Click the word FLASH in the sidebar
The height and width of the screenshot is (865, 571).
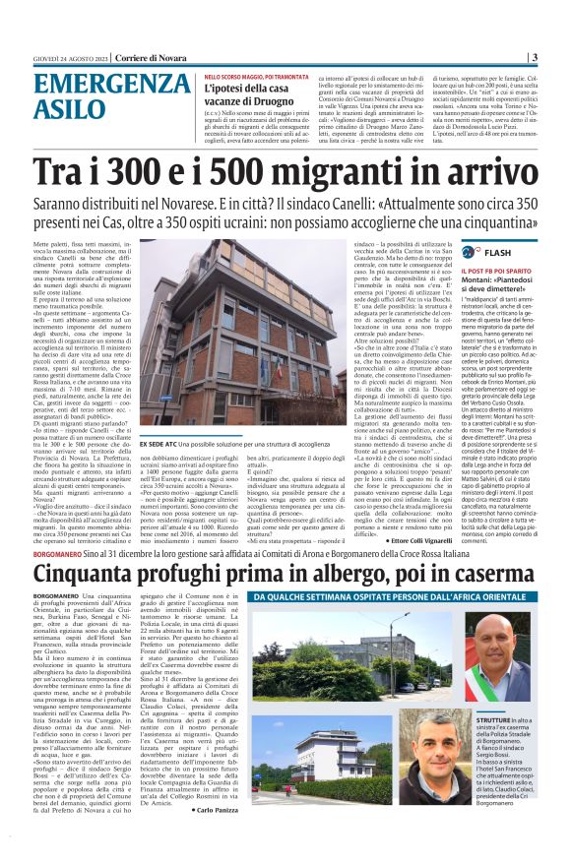click(525, 253)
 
